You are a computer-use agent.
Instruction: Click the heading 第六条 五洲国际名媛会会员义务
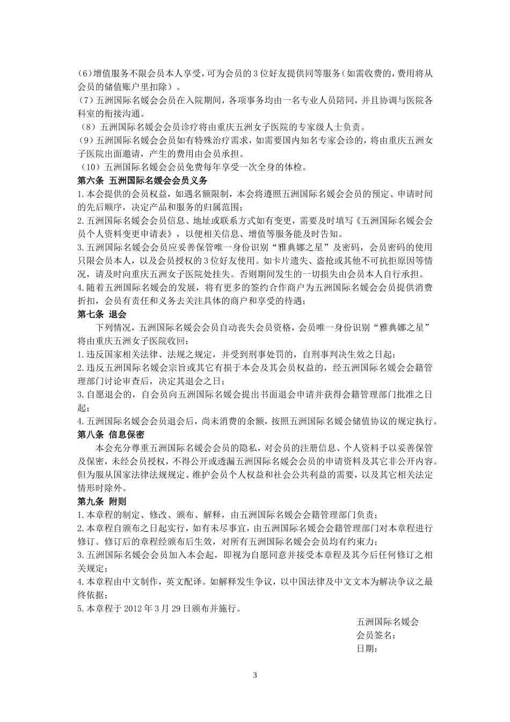[142, 180]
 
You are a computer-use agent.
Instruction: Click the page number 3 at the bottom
[255, 675]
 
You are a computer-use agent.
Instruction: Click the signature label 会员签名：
[377, 636]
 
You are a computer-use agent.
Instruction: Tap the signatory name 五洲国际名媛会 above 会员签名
[388, 622]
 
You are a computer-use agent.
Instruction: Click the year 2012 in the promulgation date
[133, 609]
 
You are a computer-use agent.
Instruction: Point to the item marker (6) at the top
[85, 74]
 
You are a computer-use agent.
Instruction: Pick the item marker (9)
[85, 141]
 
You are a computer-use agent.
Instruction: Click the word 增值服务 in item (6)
[111, 74]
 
